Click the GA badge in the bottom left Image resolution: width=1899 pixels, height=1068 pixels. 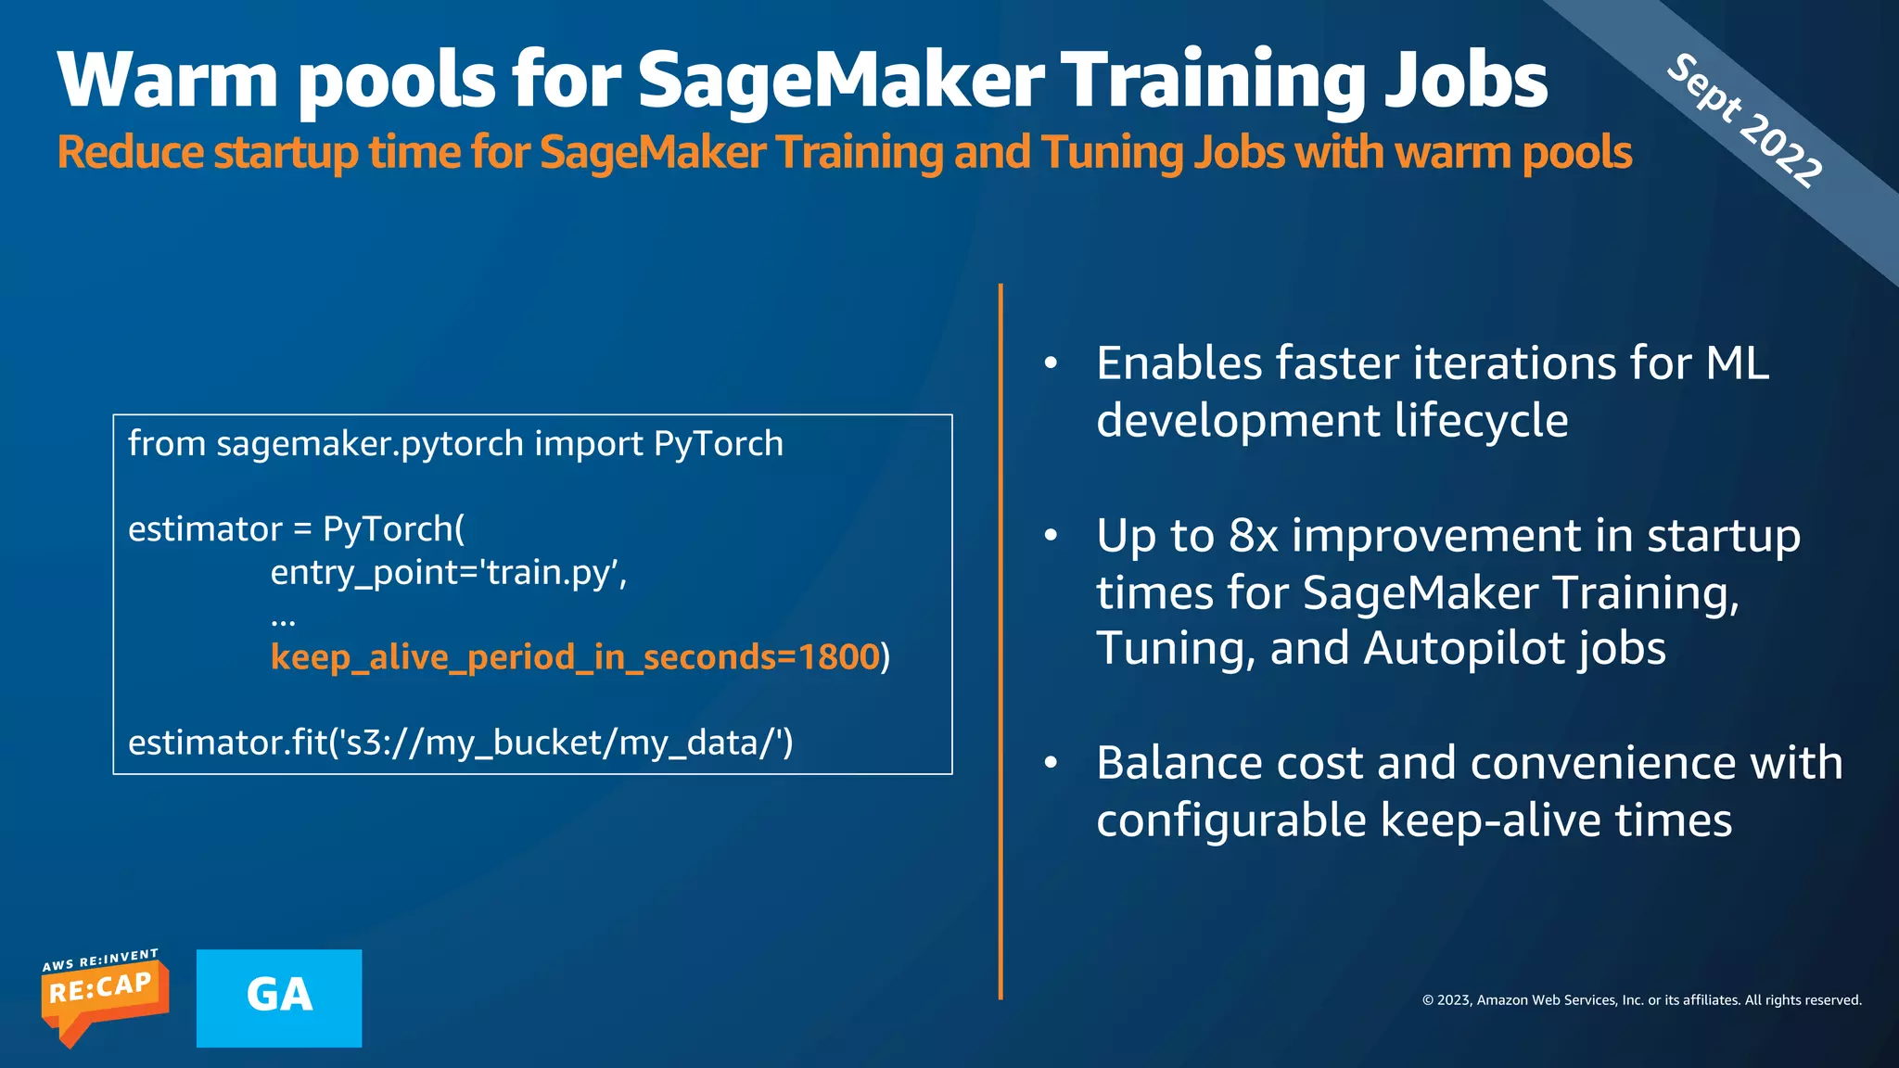(x=279, y=998)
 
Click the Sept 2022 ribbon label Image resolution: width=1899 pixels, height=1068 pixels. (x=1744, y=121)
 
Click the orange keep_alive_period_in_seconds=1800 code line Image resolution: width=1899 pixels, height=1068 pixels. (x=575, y=657)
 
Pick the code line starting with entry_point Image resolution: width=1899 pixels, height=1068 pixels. (x=449, y=573)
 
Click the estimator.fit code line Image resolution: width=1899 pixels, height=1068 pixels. (x=461, y=743)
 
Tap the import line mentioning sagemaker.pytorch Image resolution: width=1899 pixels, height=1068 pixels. (x=455, y=444)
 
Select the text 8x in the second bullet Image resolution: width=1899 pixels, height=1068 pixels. (x=1254, y=536)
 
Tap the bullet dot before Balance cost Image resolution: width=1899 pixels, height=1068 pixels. (x=1051, y=763)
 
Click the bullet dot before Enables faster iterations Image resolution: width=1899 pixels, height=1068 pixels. (x=1051, y=363)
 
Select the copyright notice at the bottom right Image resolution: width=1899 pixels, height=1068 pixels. (x=1641, y=1000)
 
